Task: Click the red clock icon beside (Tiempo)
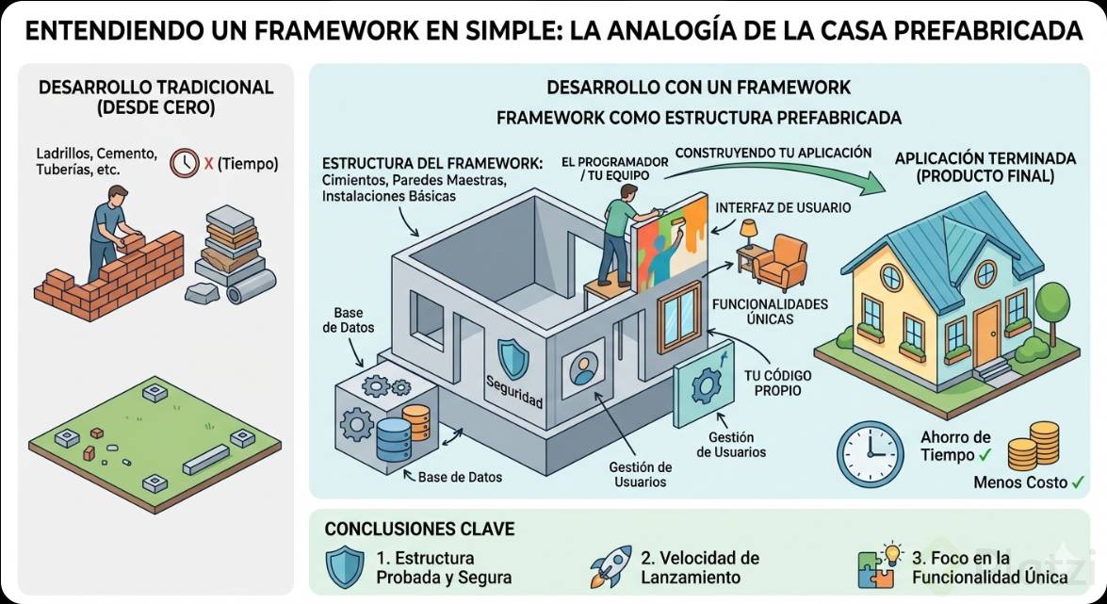tap(185, 163)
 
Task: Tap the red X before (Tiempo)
tap(209, 164)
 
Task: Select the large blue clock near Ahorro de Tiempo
tap(870, 454)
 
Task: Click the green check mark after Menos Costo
tap(1078, 482)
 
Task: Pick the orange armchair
tap(780, 262)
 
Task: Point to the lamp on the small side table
tap(748, 232)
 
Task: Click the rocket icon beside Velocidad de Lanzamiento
tap(610, 566)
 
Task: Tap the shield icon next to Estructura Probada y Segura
tap(345, 566)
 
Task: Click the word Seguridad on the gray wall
tap(514, 391)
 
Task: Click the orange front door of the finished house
tap(986, 335)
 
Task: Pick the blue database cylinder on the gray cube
tap(393, 439)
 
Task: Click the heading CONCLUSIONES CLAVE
tap(419, 529)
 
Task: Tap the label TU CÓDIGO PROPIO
tap(777, 383)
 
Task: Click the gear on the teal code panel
tap(706, 386)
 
